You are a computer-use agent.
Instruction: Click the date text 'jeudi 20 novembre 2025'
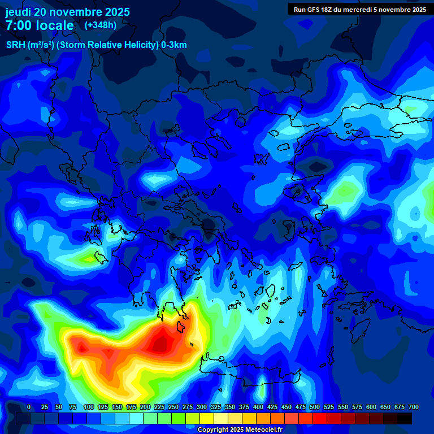tap(67, 12)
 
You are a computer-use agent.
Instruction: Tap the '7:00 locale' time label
tap(40, 25)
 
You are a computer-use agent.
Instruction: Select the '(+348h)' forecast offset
tap(101, 25)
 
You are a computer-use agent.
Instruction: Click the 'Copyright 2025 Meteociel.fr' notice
tap(240, 429)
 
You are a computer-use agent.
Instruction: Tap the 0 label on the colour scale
tap(29, 407)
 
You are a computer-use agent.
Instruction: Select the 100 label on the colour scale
tap(88, 407)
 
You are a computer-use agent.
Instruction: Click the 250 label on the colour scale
tap(173, 407)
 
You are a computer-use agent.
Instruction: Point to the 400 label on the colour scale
tap(258, 407)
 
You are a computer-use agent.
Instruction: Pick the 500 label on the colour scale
tap(314, 407)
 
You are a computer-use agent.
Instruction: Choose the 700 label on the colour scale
tap(413, 407)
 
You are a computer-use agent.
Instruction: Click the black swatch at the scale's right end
tap(405, 418)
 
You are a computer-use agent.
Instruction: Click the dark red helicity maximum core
tap(162, 342)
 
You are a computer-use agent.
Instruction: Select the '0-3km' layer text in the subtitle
tap(174, 45)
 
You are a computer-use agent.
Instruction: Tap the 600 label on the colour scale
tap(371, 407)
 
